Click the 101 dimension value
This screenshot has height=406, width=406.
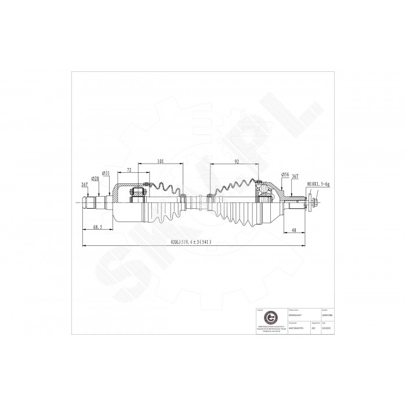pos(160,162)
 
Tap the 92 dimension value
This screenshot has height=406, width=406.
pos(237,162)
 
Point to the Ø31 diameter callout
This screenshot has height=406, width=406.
pos(106,173)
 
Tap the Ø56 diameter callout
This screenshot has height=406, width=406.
pos(285,174)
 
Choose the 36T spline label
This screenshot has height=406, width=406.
pos(295,176)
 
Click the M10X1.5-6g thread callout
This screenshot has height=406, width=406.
pos(318,184)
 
